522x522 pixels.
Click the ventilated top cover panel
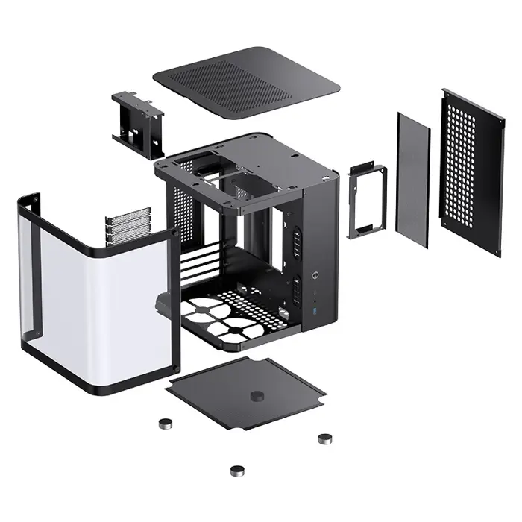coord(246,82)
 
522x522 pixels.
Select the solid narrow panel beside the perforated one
coord(414,179)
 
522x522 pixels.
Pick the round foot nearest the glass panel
coord(166,423)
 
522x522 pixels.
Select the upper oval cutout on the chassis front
coord(295,241)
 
